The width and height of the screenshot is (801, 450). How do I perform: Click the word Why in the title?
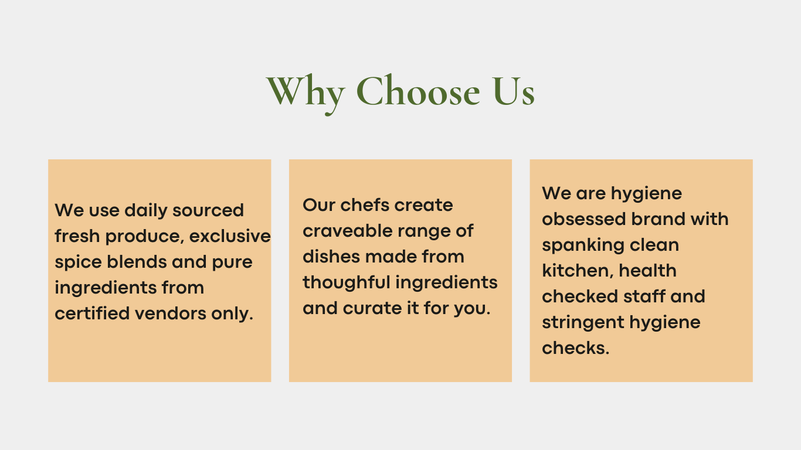[x=306, y=91]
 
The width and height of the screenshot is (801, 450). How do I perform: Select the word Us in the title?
[x=513, y=91]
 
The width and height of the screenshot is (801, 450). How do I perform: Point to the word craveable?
[x=347, y=231]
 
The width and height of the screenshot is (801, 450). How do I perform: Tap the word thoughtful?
[x=347, y=282]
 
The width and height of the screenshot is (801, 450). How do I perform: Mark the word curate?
[x=370, y=308]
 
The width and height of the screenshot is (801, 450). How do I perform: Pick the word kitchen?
[x=576, y=271]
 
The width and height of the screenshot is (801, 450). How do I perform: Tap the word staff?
[x=643, y=296]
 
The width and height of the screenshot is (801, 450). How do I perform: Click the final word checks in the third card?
[x=575, y=348]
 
